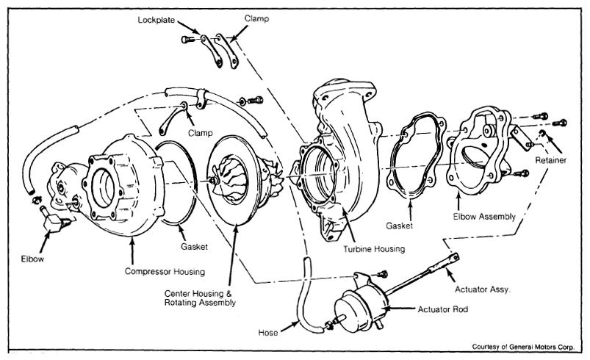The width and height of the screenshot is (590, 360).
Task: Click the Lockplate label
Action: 157,21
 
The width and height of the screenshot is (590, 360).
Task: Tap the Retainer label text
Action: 550,160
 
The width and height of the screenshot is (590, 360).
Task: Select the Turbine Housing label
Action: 374,249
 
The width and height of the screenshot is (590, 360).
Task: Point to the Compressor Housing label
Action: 165,272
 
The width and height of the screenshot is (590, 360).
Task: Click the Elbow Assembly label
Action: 484,217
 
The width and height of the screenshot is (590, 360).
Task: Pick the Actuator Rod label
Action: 443,309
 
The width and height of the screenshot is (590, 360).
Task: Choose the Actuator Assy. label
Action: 483,289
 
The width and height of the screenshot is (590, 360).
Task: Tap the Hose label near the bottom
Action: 268,333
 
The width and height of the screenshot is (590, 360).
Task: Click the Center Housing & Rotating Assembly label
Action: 200,298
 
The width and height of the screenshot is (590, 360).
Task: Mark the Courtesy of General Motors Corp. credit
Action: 523,347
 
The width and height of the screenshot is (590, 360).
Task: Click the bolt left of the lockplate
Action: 188,39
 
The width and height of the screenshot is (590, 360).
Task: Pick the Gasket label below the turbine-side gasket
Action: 399,226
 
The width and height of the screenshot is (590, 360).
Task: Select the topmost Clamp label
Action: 256,18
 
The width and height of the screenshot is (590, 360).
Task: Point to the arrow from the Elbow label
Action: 44,242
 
